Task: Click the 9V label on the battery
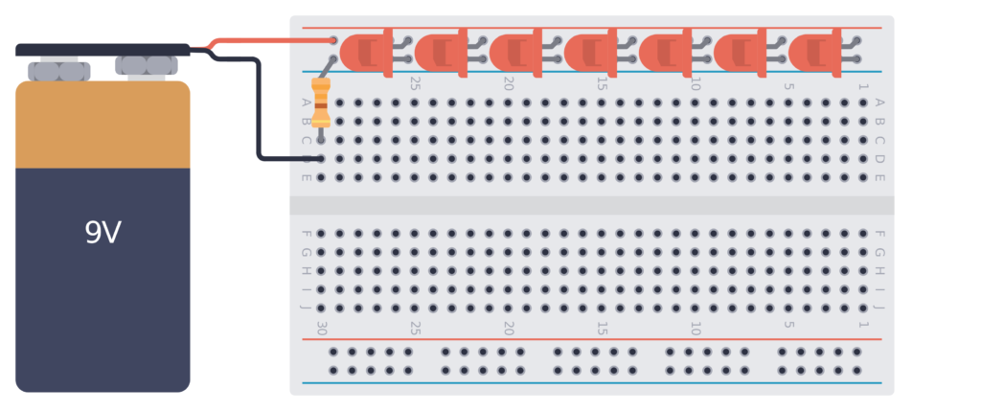103,233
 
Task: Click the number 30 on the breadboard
322,328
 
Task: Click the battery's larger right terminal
144,65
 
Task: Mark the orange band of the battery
103,125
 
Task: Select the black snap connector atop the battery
103,49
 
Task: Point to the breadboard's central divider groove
591,205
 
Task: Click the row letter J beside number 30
307,308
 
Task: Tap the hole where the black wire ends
321,159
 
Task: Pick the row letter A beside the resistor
307,103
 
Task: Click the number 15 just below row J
602,328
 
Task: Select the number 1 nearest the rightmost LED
863,86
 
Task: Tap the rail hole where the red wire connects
333,41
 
